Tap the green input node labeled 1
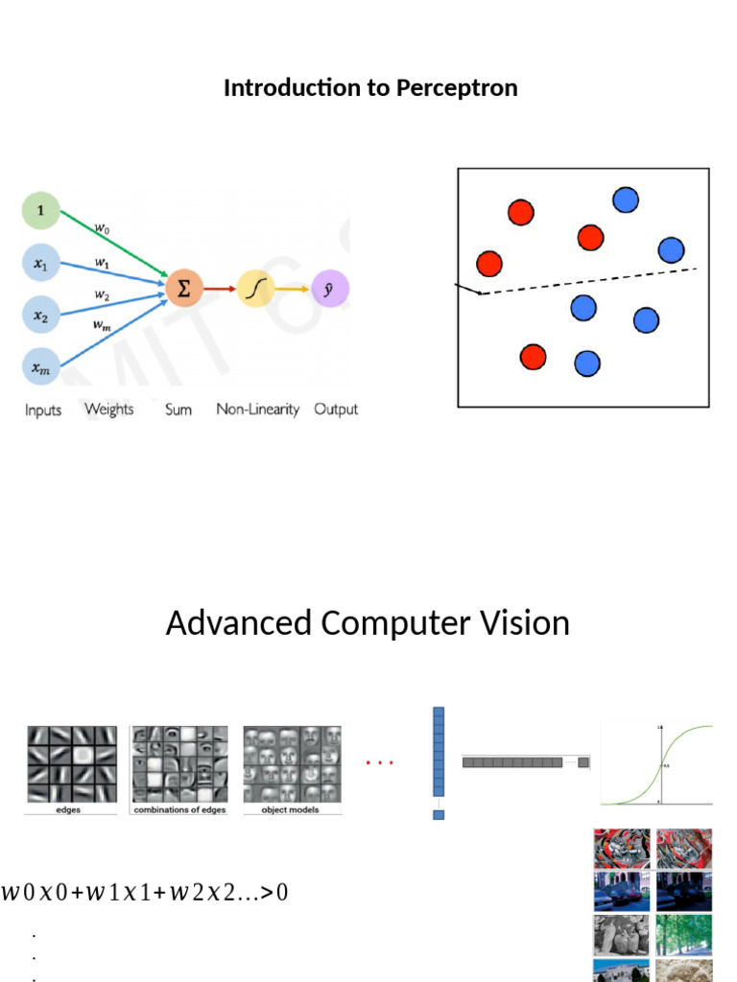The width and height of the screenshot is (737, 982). coord(41,209)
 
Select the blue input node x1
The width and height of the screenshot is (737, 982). coord(41,263)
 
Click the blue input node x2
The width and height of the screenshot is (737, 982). coord(41,315)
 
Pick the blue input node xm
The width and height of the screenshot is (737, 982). coord(41,366)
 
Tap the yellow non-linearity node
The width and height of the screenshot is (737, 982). coord(255,288)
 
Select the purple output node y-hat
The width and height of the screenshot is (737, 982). coord(330,288)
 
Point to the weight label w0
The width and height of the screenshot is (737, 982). coord(102,228)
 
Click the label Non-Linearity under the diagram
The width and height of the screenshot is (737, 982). coord(257,409)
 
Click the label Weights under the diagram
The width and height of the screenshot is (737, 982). coord(108,409)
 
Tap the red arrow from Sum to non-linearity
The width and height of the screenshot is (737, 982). coord(219,288)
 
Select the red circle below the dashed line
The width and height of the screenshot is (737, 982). coord(533,357)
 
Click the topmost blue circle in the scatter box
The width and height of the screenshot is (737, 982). coord(625,199)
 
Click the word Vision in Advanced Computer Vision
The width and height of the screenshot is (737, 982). coord(525,623)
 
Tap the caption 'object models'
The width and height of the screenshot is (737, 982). coord(290,810)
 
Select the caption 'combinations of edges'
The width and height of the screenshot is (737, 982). coord(180,810)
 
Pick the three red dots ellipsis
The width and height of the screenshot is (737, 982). coord(380,763)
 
